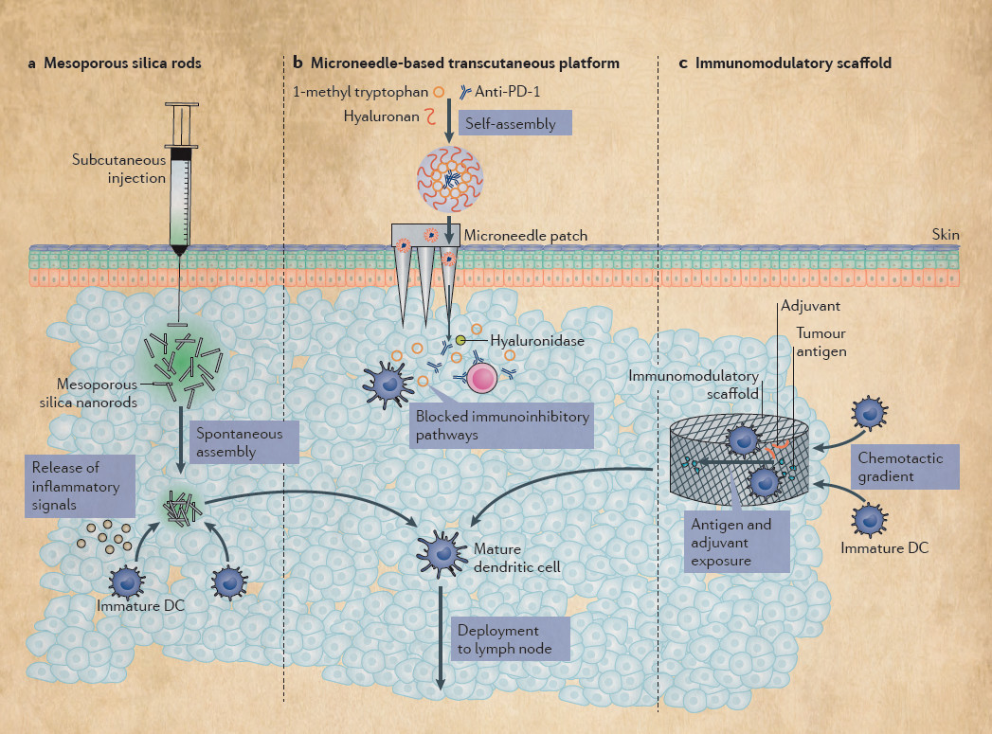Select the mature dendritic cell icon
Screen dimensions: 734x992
[441, 548]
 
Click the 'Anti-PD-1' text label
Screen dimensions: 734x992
[516, 91]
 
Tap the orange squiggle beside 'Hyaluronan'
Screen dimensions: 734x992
[429, 116]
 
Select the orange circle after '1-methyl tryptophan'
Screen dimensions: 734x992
[438, 92]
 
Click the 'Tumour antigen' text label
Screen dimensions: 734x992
[821, 343]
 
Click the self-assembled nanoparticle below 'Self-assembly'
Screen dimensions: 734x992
[451, 177]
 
